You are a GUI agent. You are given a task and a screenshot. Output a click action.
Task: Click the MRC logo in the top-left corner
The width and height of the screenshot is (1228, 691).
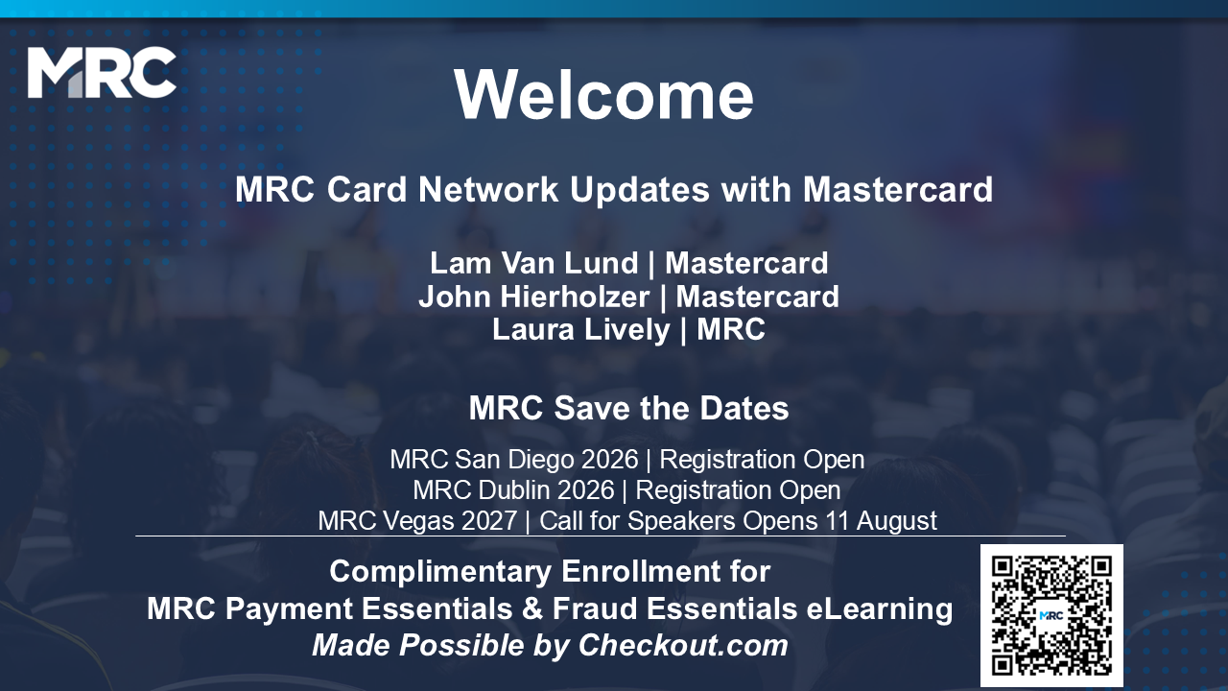102,72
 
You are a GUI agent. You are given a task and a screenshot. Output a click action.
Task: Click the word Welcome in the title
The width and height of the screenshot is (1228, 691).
603,94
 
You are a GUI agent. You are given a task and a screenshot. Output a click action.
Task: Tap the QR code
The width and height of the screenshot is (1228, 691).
1051,615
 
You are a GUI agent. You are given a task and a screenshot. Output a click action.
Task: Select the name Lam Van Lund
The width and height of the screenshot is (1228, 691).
534,263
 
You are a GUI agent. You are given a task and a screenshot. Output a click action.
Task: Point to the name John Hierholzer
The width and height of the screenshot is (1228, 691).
534,297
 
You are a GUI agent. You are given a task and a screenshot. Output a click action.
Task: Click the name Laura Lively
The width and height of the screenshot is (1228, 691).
581,329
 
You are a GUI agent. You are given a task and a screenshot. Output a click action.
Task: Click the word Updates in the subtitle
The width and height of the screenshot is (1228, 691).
639,190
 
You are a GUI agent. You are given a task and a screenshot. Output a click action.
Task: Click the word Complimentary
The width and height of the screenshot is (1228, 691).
440,572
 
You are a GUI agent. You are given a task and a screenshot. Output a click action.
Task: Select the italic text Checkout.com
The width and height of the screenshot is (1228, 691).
683,646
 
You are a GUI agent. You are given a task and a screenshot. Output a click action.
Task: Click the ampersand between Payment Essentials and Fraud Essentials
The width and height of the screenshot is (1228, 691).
532,608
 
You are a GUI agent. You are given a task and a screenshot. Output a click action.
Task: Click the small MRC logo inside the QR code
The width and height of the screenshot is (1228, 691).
1051,615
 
